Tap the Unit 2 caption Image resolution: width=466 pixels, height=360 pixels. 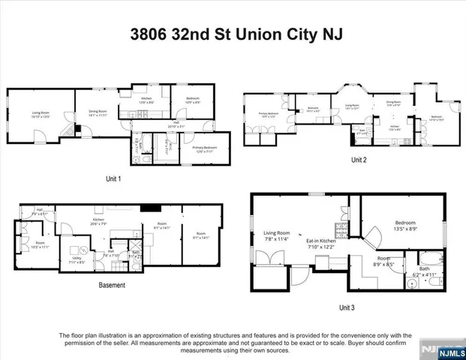coord(359,160)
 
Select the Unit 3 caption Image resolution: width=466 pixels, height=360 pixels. coord(346,307)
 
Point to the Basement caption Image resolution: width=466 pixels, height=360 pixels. coord(112,285)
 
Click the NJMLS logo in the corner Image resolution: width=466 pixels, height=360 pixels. coord(448,349)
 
